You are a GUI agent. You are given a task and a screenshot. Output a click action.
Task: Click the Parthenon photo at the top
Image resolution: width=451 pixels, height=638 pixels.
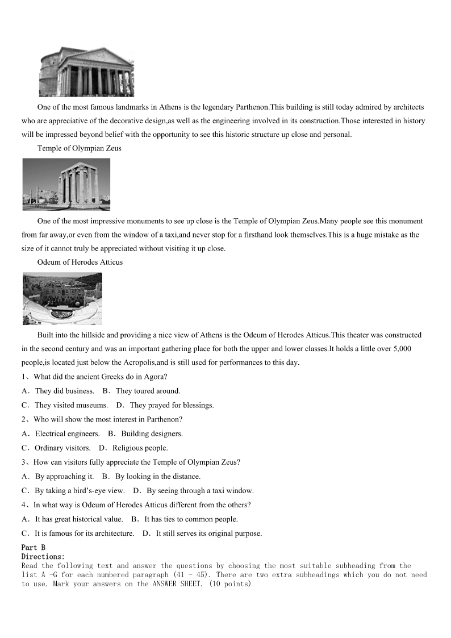[86, 72]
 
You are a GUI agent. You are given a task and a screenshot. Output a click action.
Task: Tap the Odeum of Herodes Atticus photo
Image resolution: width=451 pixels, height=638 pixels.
[62, 298]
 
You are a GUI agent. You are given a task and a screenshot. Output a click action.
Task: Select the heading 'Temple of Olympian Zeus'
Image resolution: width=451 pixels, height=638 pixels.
[79, 148]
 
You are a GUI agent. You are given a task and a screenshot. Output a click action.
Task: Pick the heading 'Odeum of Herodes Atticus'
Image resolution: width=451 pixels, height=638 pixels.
[80, 262]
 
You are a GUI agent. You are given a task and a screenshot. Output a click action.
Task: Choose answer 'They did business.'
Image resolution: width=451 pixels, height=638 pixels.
[64, 391]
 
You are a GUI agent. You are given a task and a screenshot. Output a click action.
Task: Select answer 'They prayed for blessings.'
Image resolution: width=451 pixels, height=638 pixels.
[172, 405]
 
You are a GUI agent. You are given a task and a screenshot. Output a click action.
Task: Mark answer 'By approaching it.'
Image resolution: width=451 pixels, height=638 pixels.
[64, 476]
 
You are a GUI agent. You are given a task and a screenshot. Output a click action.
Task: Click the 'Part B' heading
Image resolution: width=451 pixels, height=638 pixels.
[34, 548]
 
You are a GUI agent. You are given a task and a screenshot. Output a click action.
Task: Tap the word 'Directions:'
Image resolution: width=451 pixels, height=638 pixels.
[43, 557]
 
